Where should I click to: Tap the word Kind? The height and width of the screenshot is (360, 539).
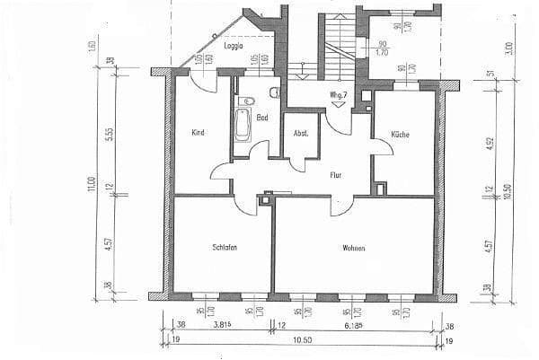click(199, 133)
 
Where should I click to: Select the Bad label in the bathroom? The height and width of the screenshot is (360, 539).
click(262, 118)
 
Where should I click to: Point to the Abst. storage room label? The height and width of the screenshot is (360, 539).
click(301, 133)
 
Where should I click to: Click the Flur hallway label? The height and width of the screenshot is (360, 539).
click(336, 176)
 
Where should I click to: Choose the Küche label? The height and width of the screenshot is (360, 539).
click(400, 134)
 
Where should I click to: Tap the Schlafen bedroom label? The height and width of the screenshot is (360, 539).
click(225, 247)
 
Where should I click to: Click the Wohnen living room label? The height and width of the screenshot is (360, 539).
click(353, 248)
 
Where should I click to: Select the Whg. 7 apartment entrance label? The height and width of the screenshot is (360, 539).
click(339, 93)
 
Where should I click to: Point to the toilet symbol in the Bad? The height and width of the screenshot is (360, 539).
click(249, 100)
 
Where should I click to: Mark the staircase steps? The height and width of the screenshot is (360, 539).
click(338, 45)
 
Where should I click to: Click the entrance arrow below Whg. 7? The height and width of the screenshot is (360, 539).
click(339, 103)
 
